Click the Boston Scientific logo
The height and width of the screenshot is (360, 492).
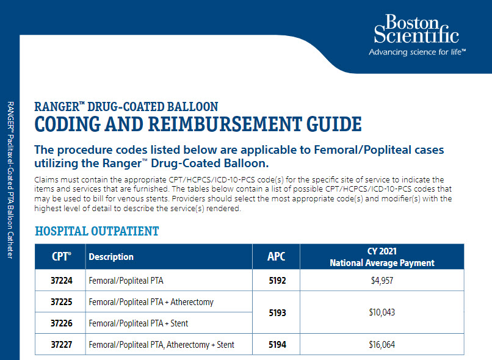point(416,30)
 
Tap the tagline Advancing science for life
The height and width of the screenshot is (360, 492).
point(417,52)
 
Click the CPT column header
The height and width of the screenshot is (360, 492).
point(60,257)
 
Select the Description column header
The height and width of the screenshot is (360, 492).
point(111,257)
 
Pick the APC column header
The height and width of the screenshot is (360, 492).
point(276,257)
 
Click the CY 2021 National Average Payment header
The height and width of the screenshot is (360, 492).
point(382,257)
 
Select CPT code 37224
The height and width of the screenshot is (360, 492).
point(60,281)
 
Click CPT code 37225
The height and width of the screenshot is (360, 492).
point(60,302)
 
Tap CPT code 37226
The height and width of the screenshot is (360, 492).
point(60,323)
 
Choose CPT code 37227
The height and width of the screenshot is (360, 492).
point(60,345)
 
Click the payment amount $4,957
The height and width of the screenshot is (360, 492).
point(382,281)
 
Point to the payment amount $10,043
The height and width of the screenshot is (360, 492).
point(382,312)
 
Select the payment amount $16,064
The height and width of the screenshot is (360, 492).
point(382,345)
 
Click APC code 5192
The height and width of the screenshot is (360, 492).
point(277,281)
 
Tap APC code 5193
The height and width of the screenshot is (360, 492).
point(277,312)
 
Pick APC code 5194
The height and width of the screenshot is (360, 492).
point(277,345)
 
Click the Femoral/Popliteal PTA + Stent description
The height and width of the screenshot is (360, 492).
point(139,323)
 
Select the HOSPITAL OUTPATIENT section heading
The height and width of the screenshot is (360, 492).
point(97,231)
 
